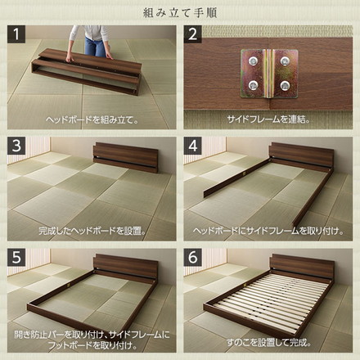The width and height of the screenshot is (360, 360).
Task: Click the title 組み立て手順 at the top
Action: click(180, 11)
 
